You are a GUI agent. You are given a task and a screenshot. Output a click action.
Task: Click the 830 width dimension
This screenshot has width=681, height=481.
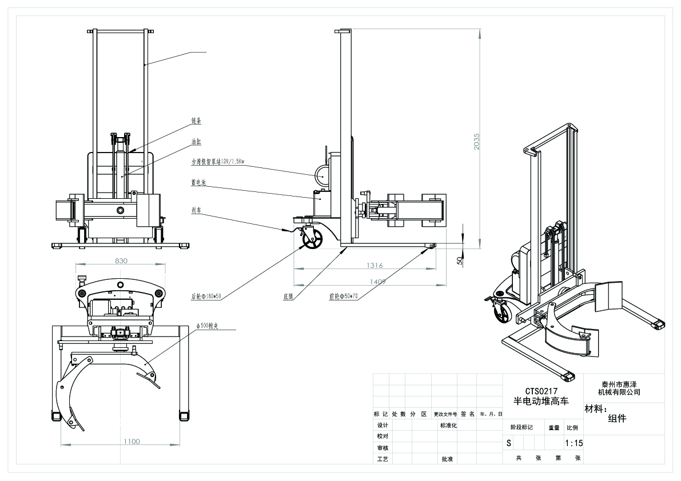[x=121, y=260]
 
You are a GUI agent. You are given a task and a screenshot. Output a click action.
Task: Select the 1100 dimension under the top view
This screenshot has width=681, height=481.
[x=132, y=441]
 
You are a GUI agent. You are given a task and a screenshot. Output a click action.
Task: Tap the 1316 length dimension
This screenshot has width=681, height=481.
[x=375, y=265]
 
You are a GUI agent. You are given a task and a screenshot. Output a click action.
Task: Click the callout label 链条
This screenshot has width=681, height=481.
[x=196, y=121]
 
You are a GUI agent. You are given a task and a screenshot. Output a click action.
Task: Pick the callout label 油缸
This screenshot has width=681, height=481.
[x=196, y=141]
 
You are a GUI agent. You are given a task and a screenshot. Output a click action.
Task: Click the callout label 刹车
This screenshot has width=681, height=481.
[x=196, y=210]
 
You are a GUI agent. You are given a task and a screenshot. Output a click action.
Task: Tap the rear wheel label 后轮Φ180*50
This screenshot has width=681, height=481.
[x=206, y=297]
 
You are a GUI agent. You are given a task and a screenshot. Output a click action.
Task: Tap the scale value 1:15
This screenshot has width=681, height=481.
[x=574, y=443]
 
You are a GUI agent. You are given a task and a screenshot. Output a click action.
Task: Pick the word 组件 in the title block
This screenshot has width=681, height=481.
[x=617, y=418]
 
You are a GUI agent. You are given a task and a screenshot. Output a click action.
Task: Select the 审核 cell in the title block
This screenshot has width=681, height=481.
[x=382, y=447]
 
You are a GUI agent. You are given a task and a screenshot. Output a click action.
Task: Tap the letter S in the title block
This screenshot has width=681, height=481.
[x=509, y=443]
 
